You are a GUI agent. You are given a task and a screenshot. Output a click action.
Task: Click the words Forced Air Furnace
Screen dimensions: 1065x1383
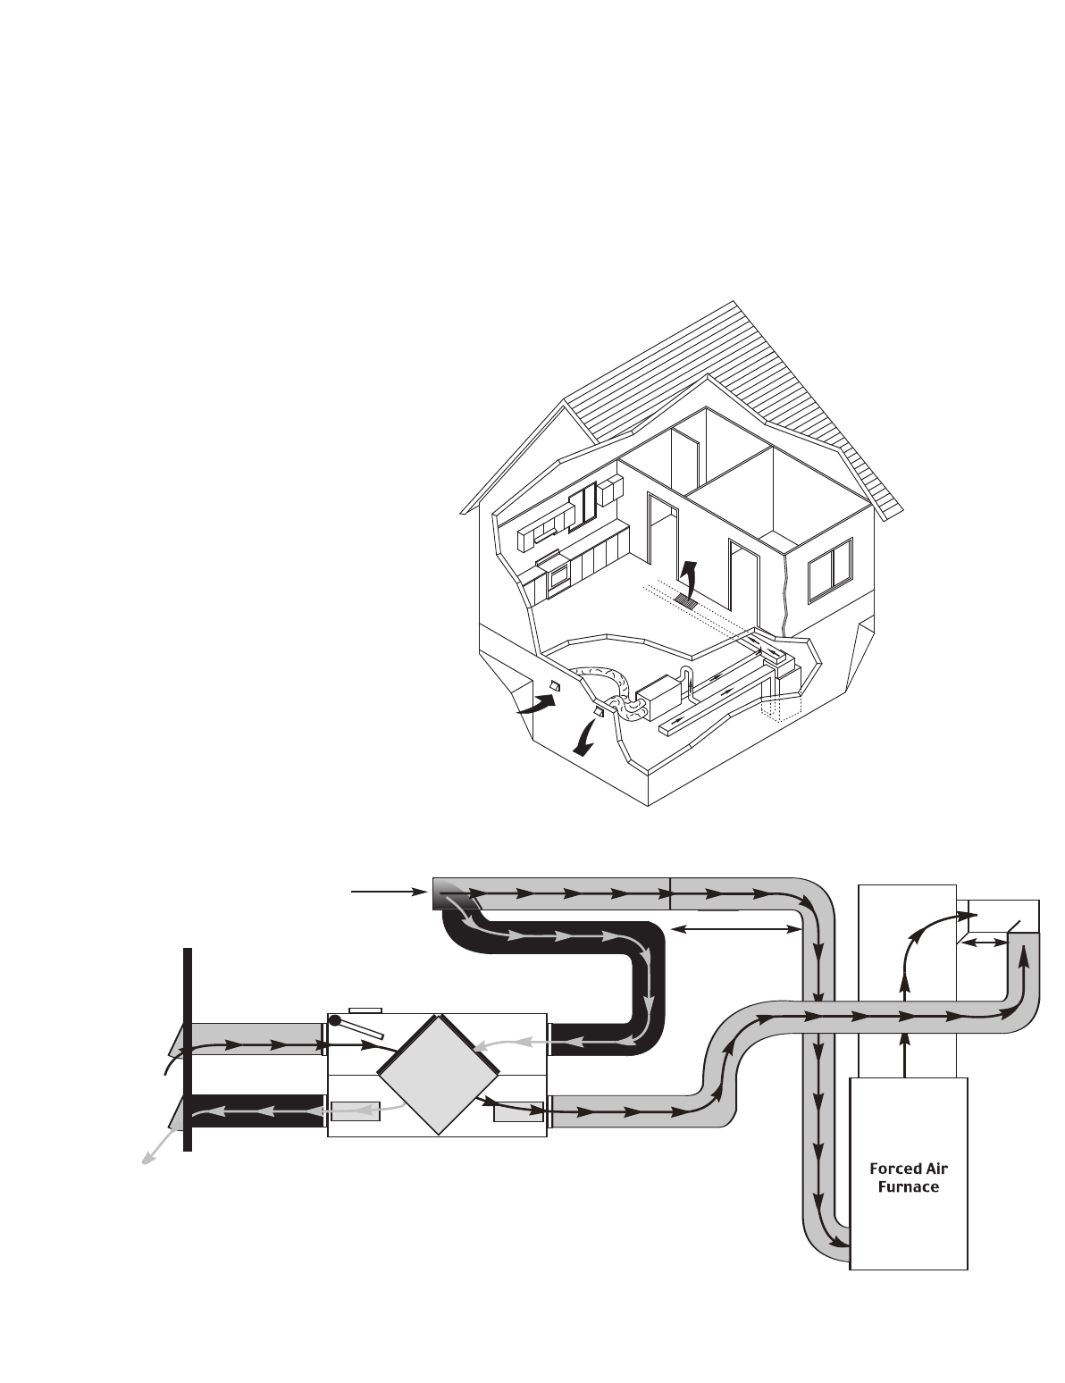(909, 1178)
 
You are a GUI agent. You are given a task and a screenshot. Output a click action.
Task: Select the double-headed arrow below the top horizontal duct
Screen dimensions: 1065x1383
(734, 930)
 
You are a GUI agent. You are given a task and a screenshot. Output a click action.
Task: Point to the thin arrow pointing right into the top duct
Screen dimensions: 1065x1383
(387, 892)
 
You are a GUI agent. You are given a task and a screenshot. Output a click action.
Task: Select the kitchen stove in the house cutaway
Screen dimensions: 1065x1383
(557, 577)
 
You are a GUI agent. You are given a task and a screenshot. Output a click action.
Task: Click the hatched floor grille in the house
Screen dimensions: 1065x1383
(685, 600)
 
